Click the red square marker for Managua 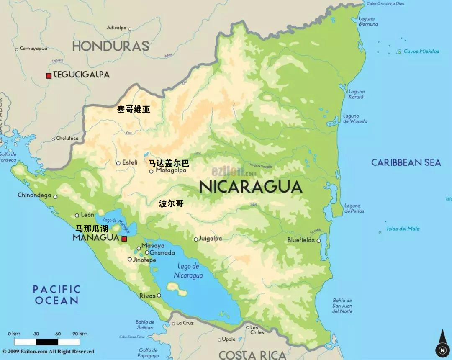click(x=124, y=239)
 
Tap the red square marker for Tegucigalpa click(x=49, y=76)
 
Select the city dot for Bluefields click(x=318, y=240)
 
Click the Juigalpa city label click(x=211, y=239)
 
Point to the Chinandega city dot click(x=55, y=197)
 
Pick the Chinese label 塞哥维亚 click(x=134, y=110)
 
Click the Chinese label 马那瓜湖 click(x=92, y=229)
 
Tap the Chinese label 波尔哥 click(x=171, y=204)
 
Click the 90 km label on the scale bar click(x=80, y=334)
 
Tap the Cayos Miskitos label click(x=421, y=51)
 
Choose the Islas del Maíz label click(x=403, y=229)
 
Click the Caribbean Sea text click(x=406, y=162)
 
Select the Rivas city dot click(x=159, y=296)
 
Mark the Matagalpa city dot click(x=152, y=171)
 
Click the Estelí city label click(x=130, y=162)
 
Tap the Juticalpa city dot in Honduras click(x=130, y=29)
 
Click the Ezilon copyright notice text click(x=48, y=352)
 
